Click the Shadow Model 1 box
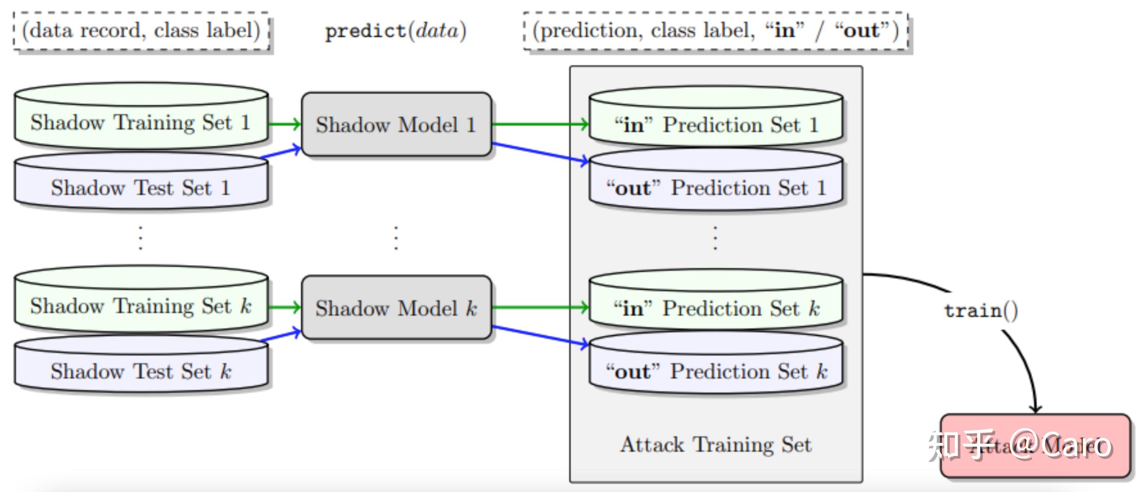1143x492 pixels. (396, 124)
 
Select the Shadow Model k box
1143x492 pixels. (396, 308)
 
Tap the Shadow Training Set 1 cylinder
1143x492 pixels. (141, 122)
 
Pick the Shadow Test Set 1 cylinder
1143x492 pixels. (141, 188)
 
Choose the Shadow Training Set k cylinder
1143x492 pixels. (141, 306)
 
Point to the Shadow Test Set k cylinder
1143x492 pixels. (141, 371)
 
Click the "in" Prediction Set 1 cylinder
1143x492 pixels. (715, 124)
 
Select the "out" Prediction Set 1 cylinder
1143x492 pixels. (715, 188)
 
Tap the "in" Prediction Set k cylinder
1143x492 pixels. (715, 308)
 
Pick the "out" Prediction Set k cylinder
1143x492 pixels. (715, 371)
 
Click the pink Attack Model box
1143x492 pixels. (1035, 446)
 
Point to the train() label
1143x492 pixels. (981, 310)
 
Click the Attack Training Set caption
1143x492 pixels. (715, 445)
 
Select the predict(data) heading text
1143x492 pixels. (396, 31)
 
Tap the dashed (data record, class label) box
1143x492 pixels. (141, 31)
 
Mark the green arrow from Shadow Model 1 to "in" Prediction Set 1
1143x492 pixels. (539, 124)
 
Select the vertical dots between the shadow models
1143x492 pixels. (396, 238)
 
